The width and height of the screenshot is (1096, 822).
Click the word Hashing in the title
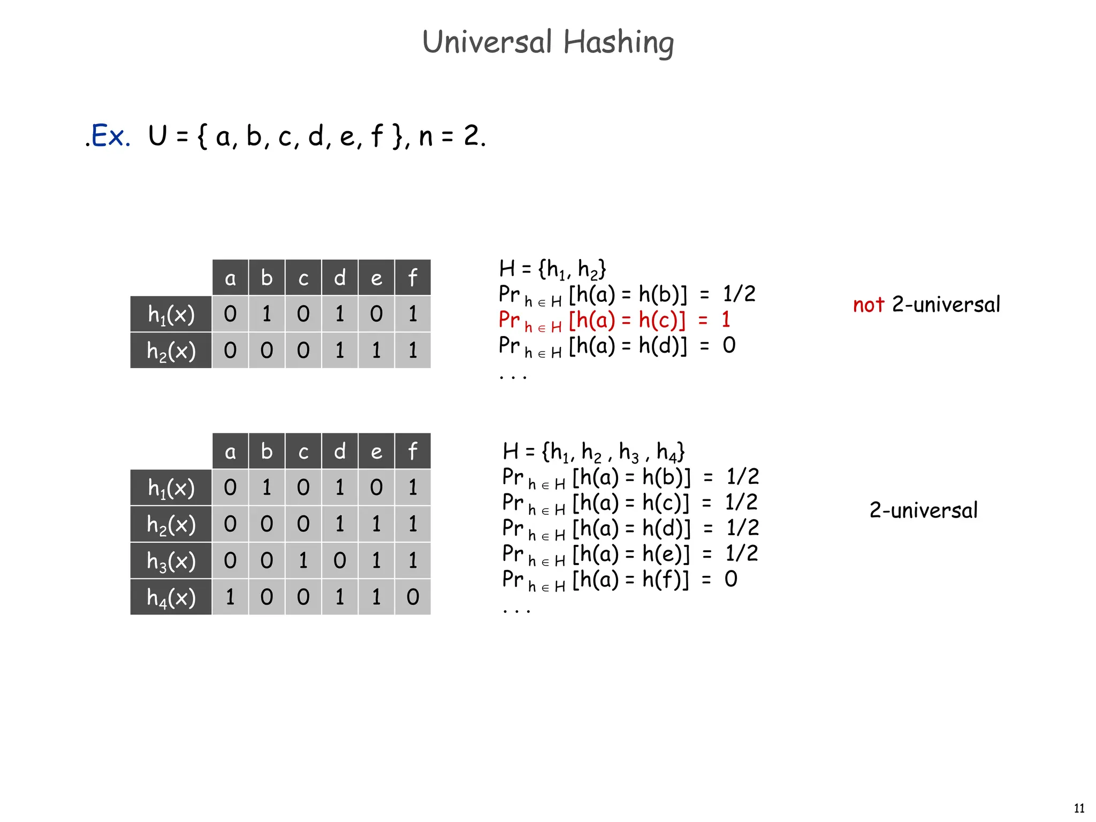619,43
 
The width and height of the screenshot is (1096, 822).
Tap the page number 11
1079,808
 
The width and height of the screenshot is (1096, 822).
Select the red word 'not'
869,305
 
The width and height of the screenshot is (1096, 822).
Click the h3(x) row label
171,561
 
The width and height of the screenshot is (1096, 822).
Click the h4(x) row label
171,597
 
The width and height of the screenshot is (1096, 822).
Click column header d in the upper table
340,278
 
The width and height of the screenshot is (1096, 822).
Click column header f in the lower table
413,452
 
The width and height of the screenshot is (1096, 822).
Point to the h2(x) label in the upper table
171,351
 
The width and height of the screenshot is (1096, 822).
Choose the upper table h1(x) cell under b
267,314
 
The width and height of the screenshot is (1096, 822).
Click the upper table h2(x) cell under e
376,351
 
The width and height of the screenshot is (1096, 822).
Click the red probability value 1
726,320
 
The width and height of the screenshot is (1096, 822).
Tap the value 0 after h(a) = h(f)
731,579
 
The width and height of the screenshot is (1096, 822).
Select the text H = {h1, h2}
552,269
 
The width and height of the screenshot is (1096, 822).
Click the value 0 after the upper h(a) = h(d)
729,346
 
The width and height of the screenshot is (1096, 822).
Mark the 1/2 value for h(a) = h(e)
742,553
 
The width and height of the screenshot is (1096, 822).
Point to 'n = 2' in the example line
451,136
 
